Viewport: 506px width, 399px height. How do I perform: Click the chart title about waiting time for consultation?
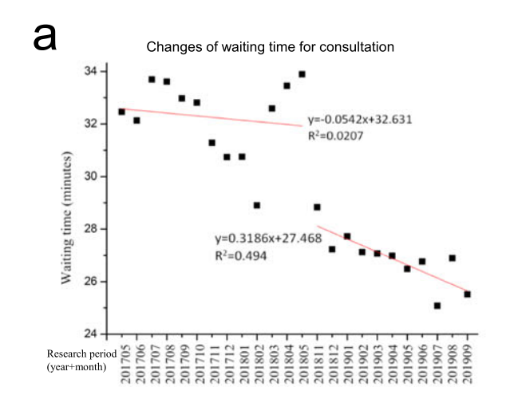270,47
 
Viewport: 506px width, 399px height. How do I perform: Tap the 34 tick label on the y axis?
93,72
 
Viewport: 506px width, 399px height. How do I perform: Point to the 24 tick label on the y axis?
93,334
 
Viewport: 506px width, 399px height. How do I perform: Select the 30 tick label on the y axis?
93,176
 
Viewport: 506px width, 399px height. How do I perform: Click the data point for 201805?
302,74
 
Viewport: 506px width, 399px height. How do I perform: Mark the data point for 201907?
437,306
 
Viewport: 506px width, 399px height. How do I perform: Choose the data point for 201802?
257,205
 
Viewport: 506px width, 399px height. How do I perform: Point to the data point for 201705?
121,112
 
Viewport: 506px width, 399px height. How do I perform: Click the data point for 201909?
467,294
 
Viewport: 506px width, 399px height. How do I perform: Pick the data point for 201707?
152,79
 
